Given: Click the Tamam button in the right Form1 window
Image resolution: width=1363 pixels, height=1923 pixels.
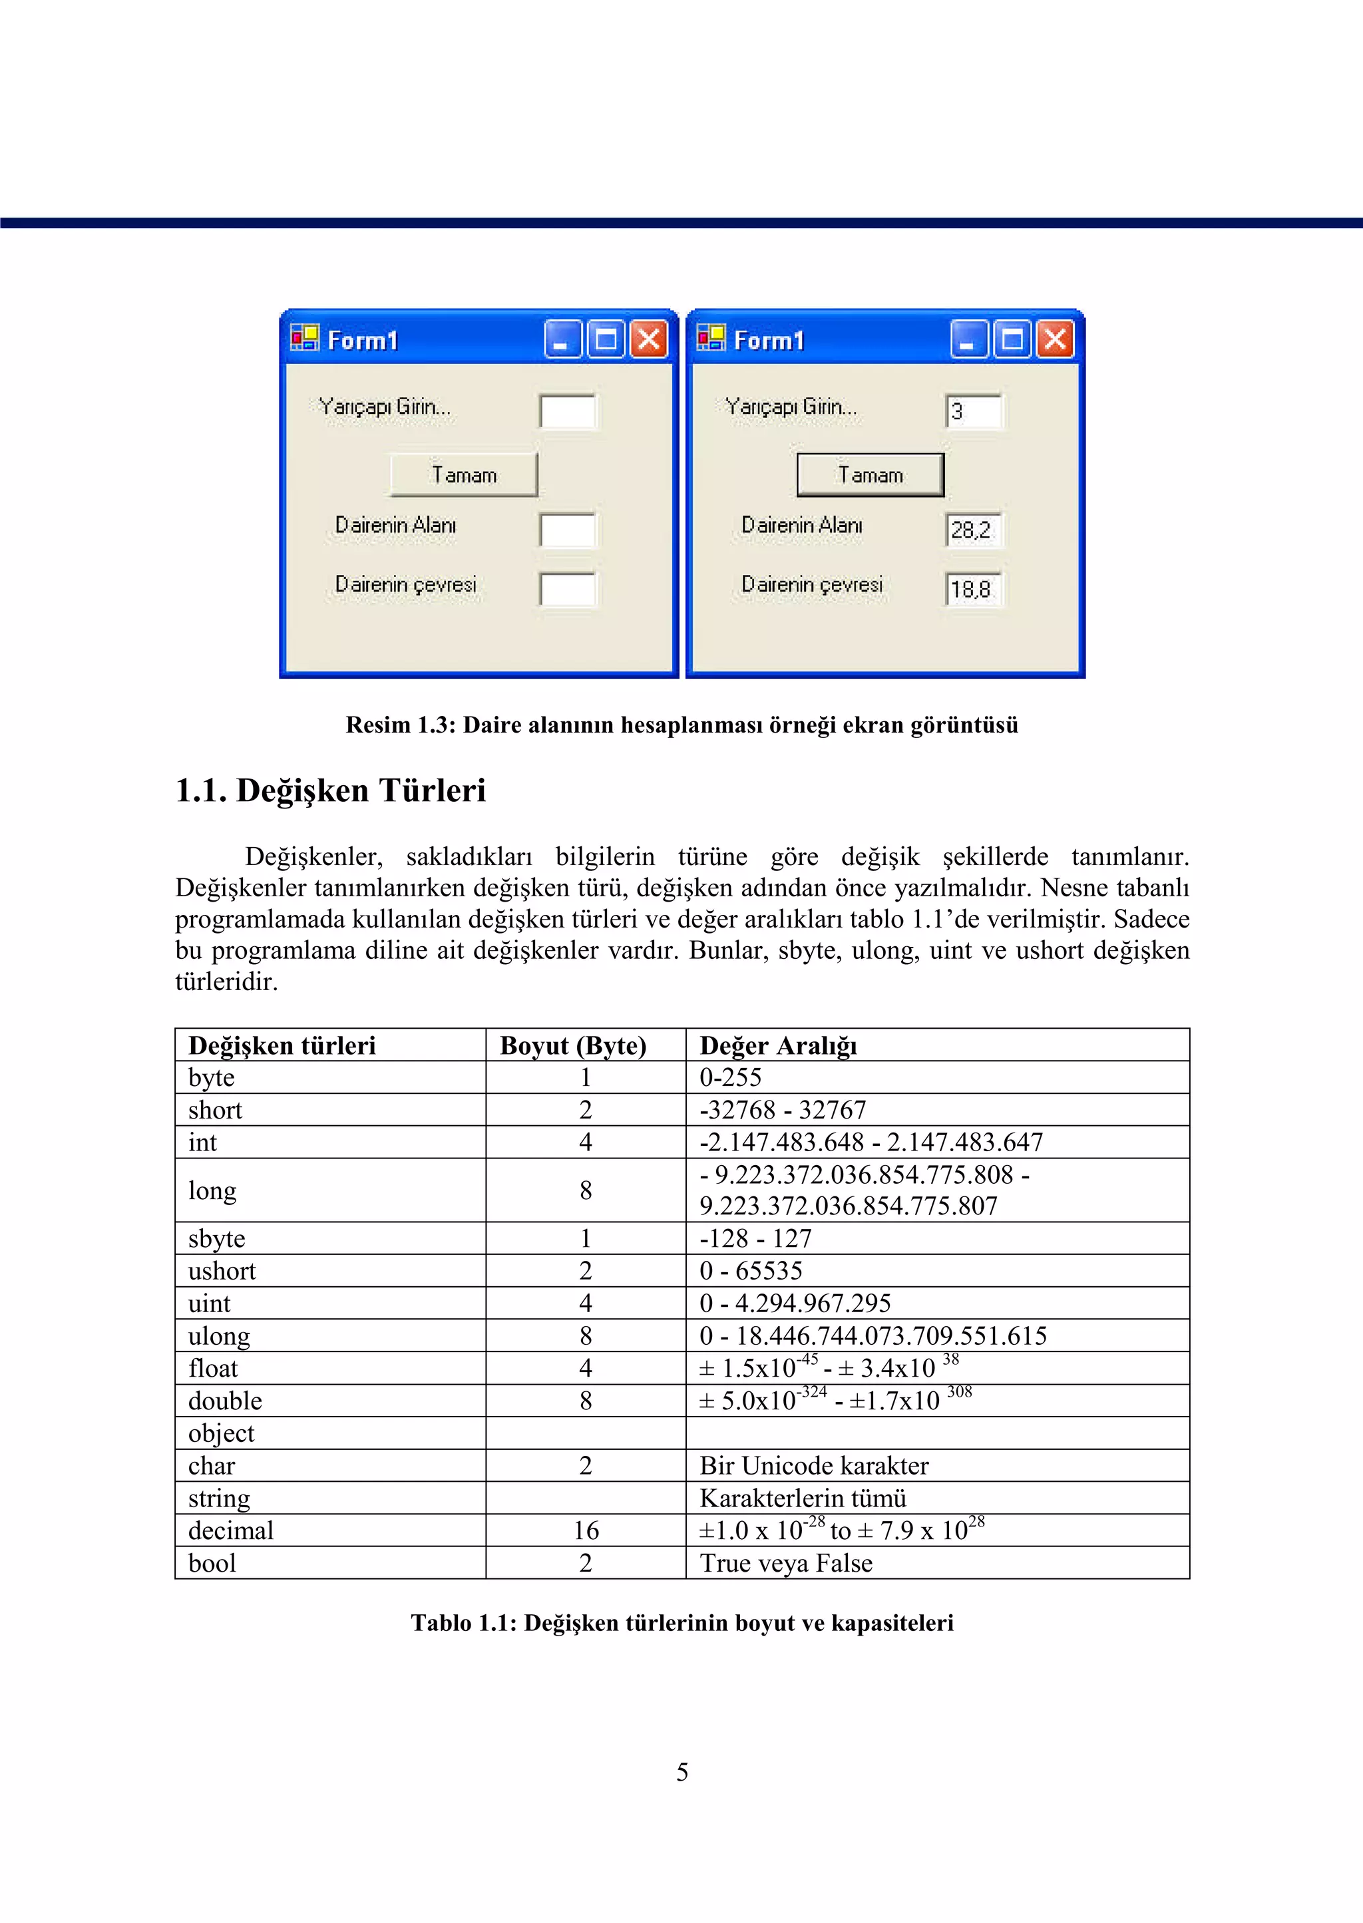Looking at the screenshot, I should tap(871, 475).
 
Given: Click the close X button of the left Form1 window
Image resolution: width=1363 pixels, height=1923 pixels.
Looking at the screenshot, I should tap(649, 340).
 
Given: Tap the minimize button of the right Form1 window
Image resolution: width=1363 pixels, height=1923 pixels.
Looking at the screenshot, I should tap(968, 340).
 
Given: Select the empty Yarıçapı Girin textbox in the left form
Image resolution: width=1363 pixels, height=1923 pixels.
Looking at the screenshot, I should tap(567, 411).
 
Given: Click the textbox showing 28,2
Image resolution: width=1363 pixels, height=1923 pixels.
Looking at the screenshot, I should tap(973, 530).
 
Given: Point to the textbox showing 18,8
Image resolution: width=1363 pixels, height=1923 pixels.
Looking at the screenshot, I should tap(973, 589).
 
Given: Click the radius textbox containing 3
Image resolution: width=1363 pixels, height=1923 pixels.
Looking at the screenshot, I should tap(973, 411).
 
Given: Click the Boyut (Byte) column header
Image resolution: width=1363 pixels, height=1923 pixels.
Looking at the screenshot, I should tap(573, 1045).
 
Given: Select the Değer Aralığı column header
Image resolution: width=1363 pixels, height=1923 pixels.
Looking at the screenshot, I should tap(778, 1045).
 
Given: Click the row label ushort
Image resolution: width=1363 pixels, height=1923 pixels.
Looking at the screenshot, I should tap(222, 1271).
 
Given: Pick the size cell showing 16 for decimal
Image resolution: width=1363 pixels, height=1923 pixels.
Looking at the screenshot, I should tap(586, 1530).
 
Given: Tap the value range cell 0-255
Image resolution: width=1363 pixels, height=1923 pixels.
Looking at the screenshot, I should tap(731, 1077).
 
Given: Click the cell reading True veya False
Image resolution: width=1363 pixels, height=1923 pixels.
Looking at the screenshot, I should tap(787, 1563).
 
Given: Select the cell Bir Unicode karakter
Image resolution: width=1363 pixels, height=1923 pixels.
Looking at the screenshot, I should tap(814, 1466).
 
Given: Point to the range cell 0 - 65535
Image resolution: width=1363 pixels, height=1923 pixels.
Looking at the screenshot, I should tap(751, 1271).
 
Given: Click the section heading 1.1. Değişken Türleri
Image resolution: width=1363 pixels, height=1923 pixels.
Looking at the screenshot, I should tap(331, 790).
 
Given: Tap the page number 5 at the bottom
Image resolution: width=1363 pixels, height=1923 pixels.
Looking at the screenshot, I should tap(682, 1772).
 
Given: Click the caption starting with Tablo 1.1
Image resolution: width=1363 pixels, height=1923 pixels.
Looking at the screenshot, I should tap(682, 1623).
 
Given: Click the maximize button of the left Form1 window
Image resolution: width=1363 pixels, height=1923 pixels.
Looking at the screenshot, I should tap(606, 340).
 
